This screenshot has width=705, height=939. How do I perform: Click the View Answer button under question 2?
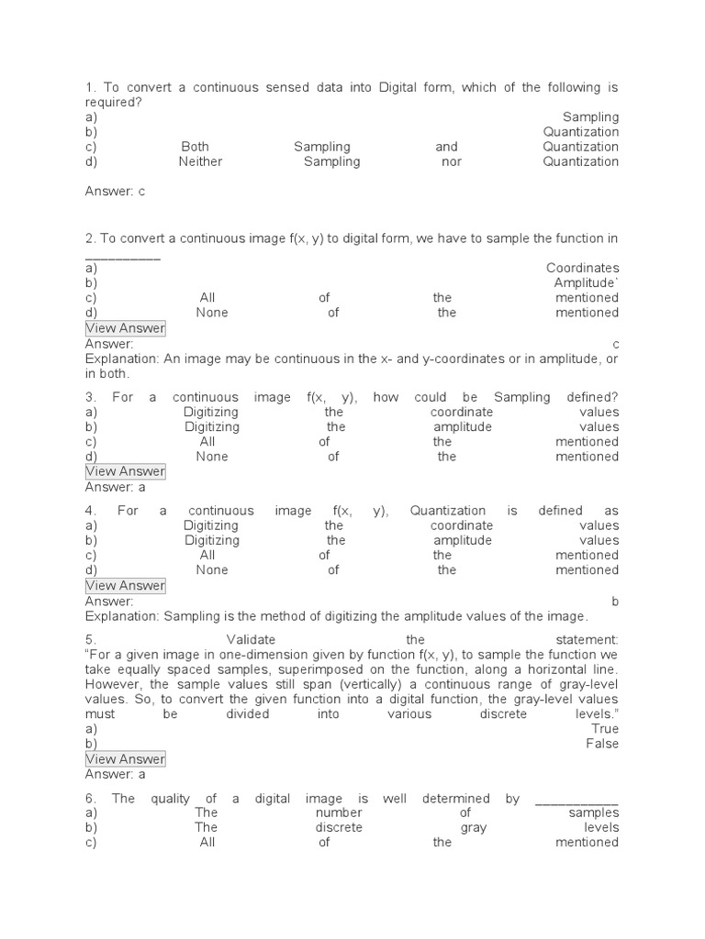coord(125,328)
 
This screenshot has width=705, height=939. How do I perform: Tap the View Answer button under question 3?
coord(125,471)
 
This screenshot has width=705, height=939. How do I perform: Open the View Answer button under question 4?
coord(125,585)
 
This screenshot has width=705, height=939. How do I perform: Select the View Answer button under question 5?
coord(125,758)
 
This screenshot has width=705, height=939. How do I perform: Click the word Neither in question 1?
coord(200,161)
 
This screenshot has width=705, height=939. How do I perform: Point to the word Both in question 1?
coord(195,147)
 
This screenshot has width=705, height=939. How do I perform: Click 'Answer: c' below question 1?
coord(115,192)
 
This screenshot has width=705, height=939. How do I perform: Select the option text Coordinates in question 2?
coord(582,268)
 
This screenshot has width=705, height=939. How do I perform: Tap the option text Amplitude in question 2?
coord(585,282)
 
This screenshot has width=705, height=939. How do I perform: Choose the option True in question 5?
coord(605,729)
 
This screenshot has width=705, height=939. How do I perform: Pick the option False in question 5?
coord(602,744)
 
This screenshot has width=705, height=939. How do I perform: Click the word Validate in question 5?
coord(251,639)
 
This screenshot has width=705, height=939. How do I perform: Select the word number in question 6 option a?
coord(339,813)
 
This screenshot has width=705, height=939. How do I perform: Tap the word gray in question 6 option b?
coord(474,828)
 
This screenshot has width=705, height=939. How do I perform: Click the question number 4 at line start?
coord(90,511)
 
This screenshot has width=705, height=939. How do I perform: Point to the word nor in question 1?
coord(451,161)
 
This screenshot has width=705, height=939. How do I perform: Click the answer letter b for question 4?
coord(615,602)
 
